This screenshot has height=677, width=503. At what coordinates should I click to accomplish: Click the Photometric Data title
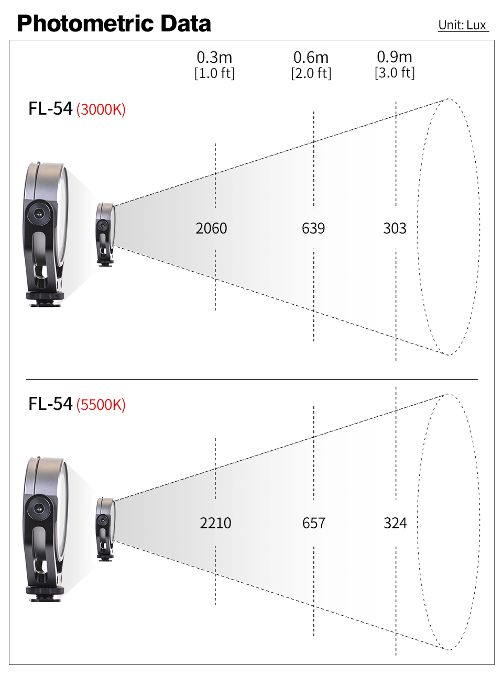click(114, 24)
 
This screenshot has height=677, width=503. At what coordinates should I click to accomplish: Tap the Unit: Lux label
click(462, 25)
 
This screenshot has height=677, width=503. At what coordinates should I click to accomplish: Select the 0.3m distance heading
click(214, 57)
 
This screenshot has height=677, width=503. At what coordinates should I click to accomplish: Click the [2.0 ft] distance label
click(311, 73)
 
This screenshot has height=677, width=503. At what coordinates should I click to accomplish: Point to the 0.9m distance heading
click(395, 57)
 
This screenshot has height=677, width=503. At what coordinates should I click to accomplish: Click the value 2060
click(211, 228)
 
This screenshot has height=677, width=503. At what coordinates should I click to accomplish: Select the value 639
click(313, 228)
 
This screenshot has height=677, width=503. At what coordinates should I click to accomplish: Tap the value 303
click(395, 228)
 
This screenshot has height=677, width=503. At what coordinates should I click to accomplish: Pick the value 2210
click(215, 523)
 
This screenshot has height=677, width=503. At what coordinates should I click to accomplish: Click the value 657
click(314, 523)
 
